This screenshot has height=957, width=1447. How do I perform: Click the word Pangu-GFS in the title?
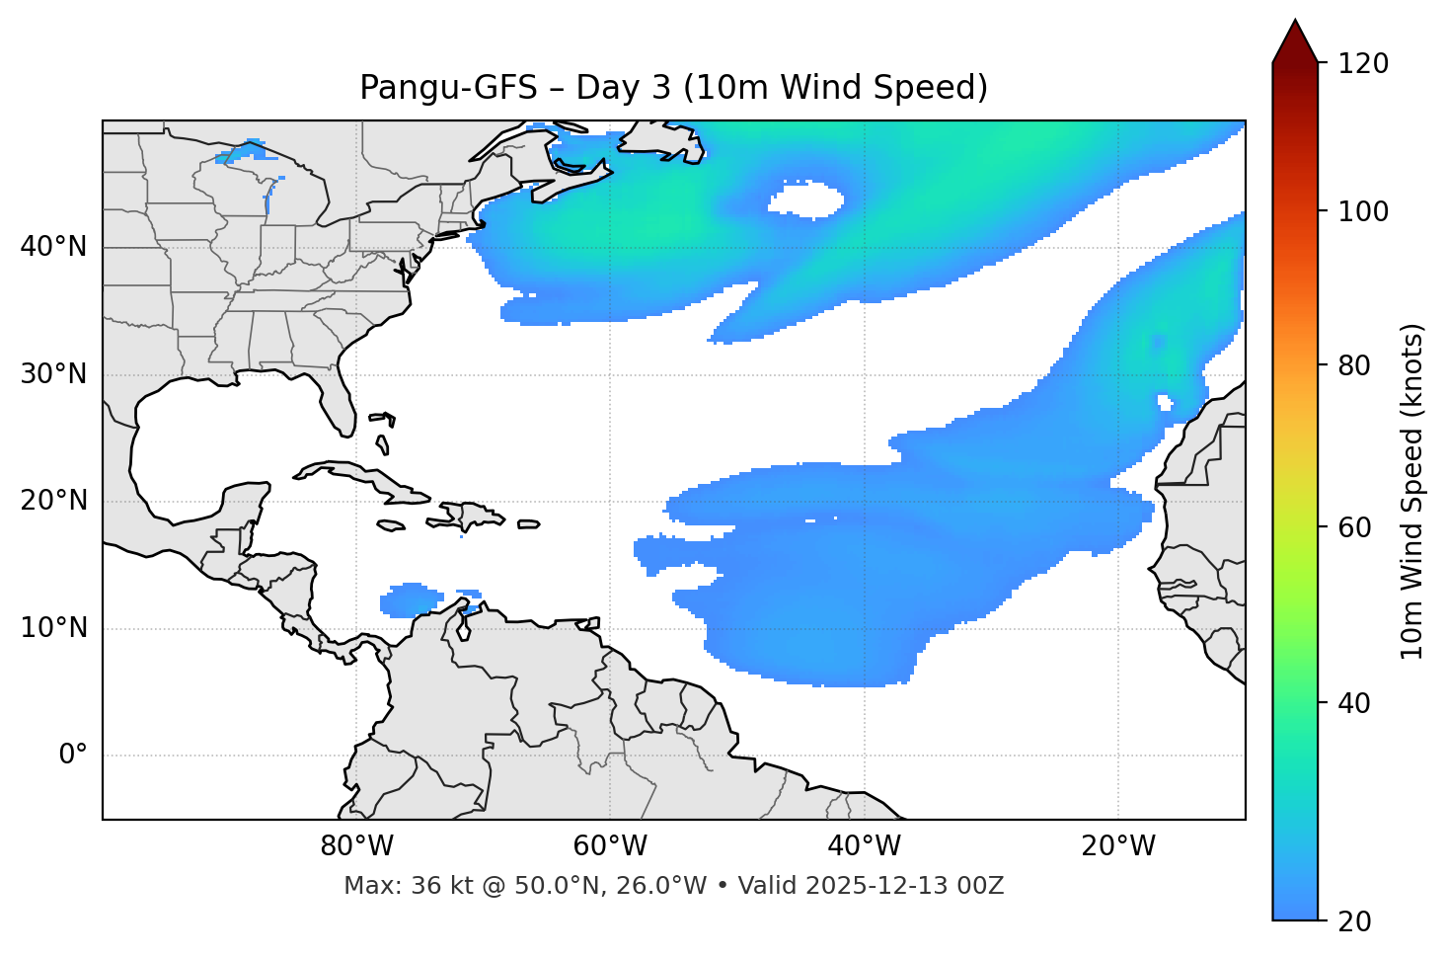448,88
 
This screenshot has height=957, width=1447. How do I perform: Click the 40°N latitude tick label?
53,247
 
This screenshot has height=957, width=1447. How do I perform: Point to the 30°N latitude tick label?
53,374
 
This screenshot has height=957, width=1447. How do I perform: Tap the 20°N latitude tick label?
53,502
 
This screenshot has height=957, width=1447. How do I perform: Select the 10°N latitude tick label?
53,628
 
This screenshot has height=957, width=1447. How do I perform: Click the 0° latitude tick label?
73,756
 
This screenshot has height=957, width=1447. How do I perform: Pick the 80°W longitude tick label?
356,846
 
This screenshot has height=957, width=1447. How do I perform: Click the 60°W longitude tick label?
610,846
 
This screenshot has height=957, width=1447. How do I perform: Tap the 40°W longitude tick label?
864,846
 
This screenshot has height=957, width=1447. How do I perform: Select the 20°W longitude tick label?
1117,846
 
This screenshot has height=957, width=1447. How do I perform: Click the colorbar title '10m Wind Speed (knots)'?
1412,491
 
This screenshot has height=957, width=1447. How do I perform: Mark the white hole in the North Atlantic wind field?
806,200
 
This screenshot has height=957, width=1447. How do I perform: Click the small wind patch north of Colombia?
411,599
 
